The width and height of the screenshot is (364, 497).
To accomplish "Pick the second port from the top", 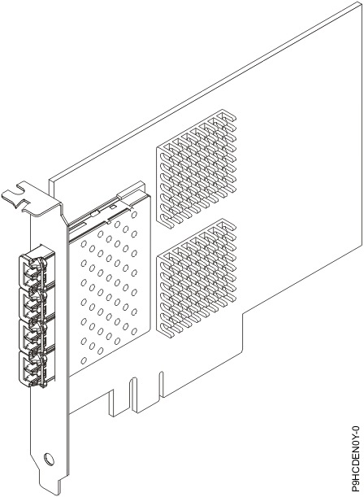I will coord(28,305).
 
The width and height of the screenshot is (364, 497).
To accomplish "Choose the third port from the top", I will coord(28,338).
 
